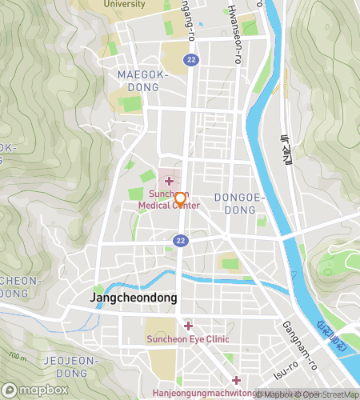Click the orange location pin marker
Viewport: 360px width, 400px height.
tap(180, 200)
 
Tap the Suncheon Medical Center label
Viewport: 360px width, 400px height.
tap(168, 199)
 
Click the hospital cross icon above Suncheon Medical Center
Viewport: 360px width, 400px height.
tap(169, 181)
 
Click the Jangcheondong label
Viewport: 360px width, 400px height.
tap(134, 298)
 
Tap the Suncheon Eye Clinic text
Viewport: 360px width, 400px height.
tap(187, 339)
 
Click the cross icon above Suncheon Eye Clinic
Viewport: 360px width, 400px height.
tap(188, 326)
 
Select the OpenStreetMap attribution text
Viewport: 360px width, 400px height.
tap(326, 394)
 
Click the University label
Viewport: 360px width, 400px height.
tap(124, 4)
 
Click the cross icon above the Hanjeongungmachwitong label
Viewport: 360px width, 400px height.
tap(236, 380)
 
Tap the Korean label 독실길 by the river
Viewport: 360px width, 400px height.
tap(286, 150)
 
